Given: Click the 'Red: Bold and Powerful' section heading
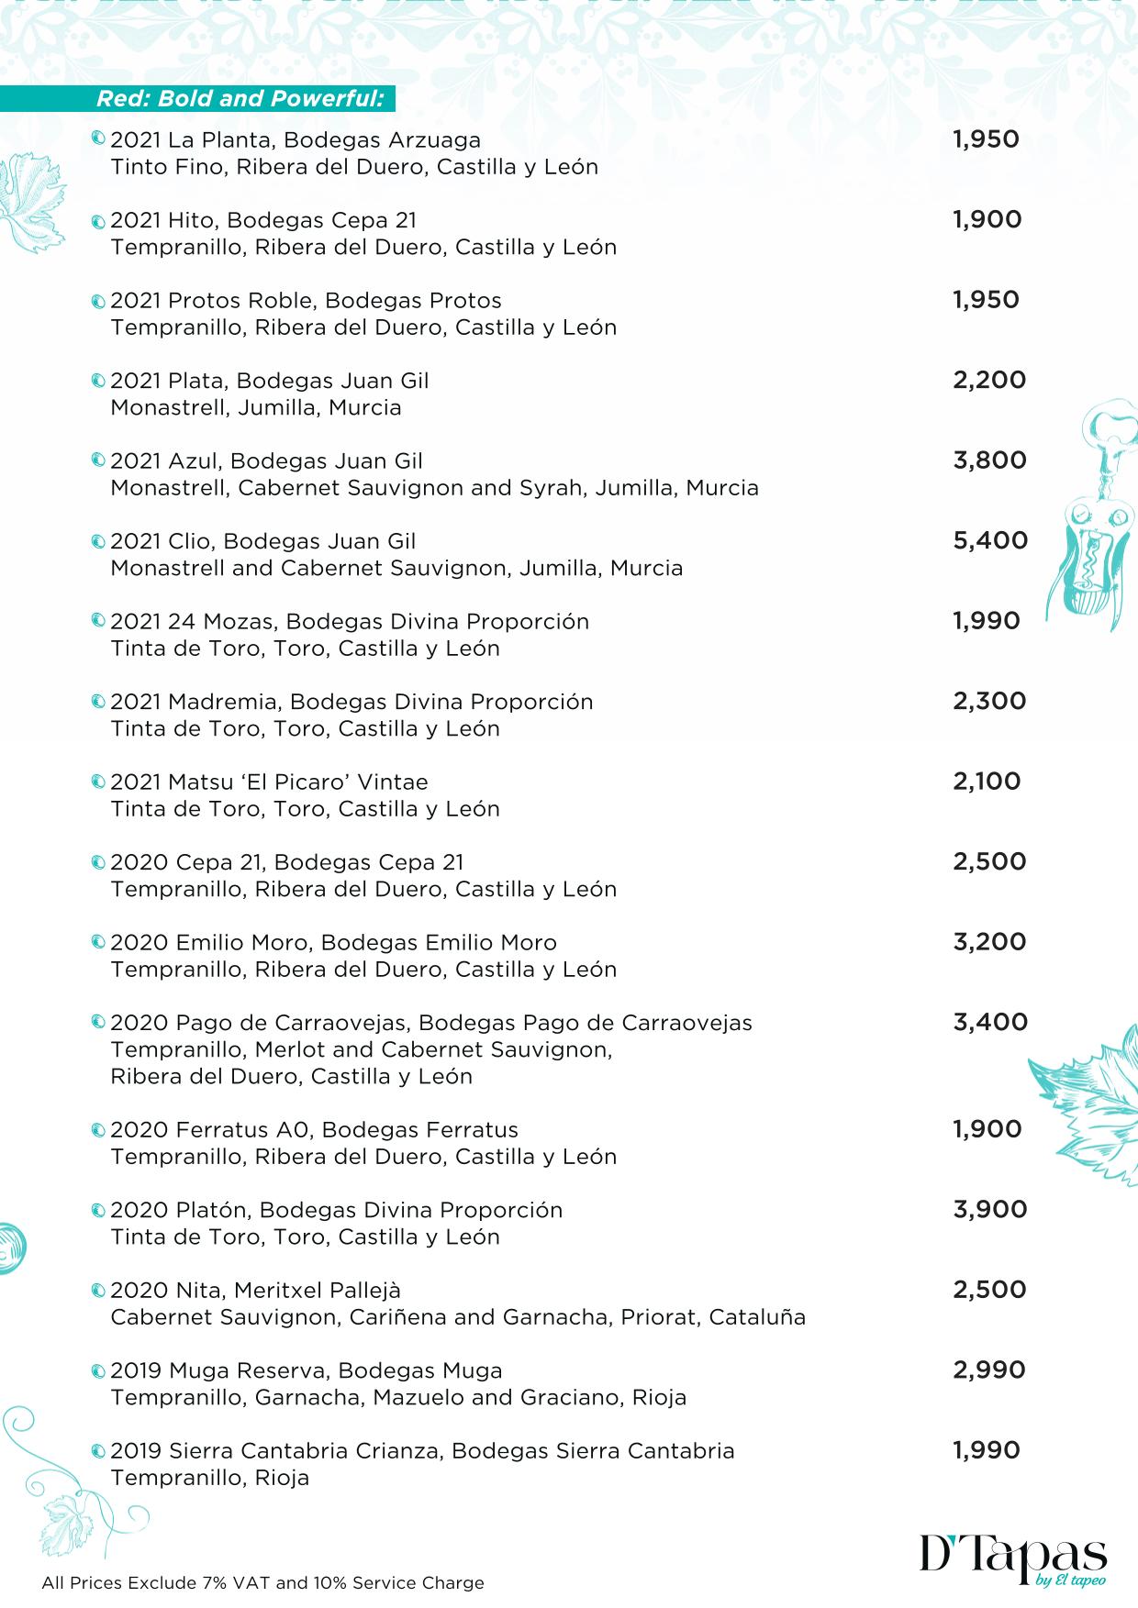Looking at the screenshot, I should (x=240, y=99).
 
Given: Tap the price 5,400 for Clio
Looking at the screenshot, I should (x=990, y=541).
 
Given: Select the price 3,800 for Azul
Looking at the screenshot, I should (x=989, y=460).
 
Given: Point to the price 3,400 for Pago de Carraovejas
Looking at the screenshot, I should (x=990, y=1022).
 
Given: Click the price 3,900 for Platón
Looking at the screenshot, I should (x=989, y=1210).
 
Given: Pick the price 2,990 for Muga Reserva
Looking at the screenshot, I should (x=988, y=1370).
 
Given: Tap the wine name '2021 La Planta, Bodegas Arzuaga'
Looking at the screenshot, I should (x=296, y=140).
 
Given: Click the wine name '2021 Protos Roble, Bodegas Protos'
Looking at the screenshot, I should (x=306, y=301).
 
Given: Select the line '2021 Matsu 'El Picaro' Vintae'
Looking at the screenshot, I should (x=269, y=782).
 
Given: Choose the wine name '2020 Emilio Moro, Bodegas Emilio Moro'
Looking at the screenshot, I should (x=333, y=943).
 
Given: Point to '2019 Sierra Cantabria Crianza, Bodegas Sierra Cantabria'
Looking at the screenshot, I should (x=422, y=1451).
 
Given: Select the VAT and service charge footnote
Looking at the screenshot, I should (x=262, y=1583).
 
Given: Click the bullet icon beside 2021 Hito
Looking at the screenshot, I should (x=98, y=221).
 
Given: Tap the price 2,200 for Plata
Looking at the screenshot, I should (x=989, y=381).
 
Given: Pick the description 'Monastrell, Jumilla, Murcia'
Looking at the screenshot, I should (x=256, y=408).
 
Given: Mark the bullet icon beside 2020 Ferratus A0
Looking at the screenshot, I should (x=98, y=1130).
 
